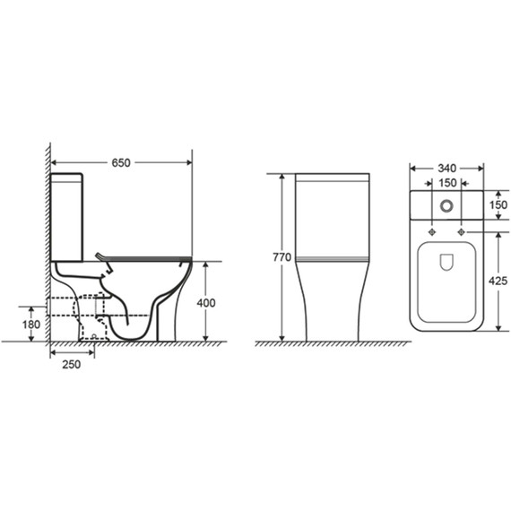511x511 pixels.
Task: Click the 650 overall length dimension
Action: [x=121, y=162]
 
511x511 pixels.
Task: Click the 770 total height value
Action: [x=281, y=258]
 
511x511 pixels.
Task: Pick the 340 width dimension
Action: [x=446, y=167]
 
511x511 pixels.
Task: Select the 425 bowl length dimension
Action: [x=498, y=281]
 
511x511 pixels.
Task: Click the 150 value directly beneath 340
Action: [x=446, y=183]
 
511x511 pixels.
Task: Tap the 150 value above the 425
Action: [x=498, y=204]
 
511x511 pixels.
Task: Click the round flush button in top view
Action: [x=446, y=205]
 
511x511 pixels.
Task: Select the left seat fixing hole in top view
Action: [x=431, y=232]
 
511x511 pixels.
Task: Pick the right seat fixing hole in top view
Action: [x=463, y=232]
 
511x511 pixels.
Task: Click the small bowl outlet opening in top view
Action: [x=446, y=262]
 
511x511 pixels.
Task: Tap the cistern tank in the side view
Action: [x=67, y=215]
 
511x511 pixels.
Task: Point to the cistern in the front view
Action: [x=333, y=215]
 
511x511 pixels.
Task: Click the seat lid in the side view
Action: [x=148, y=255]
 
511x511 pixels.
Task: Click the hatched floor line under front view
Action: [x=333, y=344]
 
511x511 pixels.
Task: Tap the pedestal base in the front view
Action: [x=333, y=309]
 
